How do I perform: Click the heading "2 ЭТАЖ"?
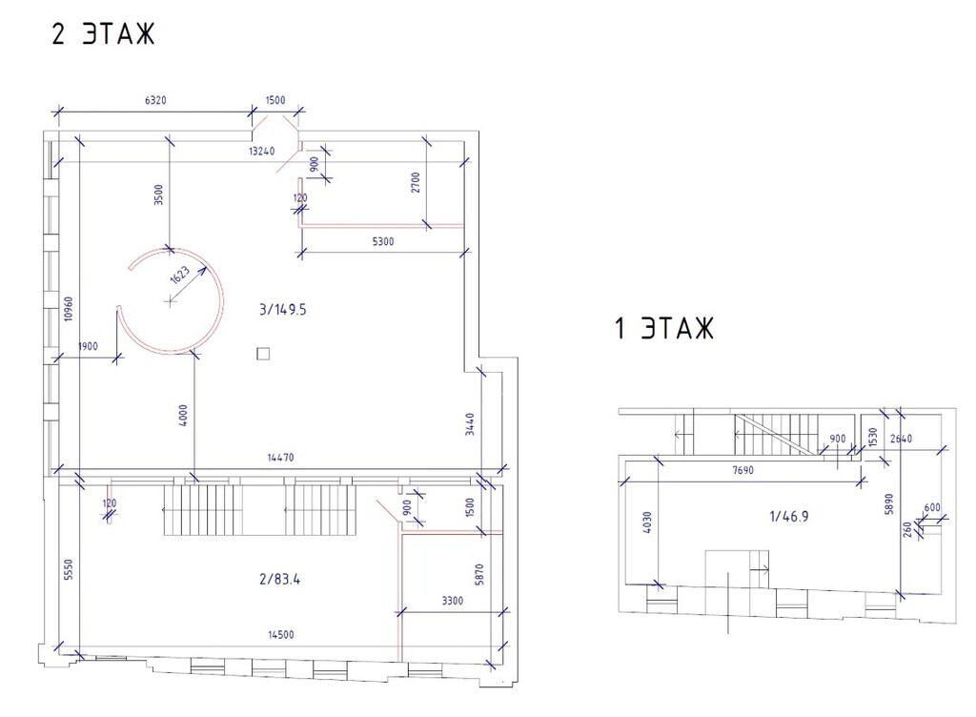click(x=103, y=33)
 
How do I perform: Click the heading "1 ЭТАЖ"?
click(x=663, y=328)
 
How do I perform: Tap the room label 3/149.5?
click(x=282, y=309)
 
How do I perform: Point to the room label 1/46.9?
click(x=788, y=517)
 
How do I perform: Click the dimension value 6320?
click(x=155, y=100)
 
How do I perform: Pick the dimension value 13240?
click(x=261, y=152)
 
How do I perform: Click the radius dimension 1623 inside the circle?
click(x=180, y=276)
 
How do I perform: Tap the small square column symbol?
click(x=263, y=354)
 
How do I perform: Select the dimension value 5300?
click(x=383, y=241)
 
